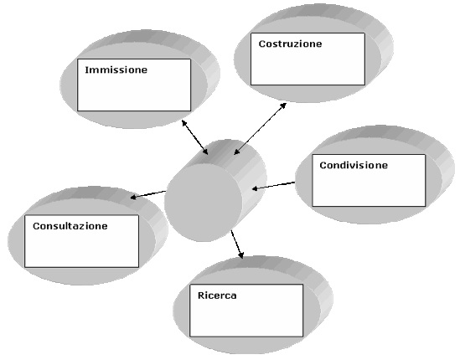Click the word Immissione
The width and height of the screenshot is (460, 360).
point(116,69)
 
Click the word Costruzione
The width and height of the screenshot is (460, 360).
point(290,44)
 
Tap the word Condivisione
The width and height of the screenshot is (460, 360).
point(354,165)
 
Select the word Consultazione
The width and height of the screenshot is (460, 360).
point(70,226)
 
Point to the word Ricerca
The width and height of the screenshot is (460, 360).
point(217,296)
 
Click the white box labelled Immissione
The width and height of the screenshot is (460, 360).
point(134,85)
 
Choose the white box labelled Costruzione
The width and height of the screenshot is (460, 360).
point(308,59)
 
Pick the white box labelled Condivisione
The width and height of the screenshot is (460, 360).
point(369,180)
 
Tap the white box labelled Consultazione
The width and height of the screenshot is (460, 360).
point(81,241)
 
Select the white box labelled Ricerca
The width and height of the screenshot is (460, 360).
point(246,311)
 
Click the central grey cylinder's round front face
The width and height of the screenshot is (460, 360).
point(203,203)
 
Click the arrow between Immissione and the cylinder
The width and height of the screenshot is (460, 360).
point(194,137)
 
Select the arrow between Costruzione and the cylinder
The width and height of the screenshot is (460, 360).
point(261,129)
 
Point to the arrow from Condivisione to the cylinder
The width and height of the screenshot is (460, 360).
point(273,186)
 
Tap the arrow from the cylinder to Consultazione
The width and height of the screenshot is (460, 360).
point(147,194)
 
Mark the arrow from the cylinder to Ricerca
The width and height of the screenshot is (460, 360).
point(237,244)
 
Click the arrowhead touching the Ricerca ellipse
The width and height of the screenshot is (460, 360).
point(240,255)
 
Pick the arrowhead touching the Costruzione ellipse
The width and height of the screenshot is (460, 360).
point(283,105)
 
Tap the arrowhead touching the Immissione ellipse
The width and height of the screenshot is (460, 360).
point(184,123)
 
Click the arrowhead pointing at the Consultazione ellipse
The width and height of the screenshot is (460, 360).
point(133,197)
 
